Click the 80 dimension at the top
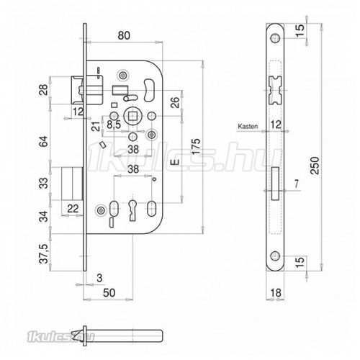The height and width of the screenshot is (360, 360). click(x=124, y=35)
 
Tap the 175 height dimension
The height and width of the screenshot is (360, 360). click(x=196, y=147)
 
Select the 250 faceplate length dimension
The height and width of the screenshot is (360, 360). click(x=315, y=166)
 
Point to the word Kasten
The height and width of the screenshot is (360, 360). click(x=248, y=126)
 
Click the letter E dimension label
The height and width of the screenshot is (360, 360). click(x=175, y=162)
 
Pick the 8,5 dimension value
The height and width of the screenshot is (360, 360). click(x=114, y=125)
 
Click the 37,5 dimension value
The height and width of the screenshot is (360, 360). click(x=45, y=253)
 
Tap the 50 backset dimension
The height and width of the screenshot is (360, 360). click(x=109, y=293)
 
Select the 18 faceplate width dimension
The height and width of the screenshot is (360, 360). click(x=276, y=293)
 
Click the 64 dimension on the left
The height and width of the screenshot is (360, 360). click(x=44, y=142)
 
